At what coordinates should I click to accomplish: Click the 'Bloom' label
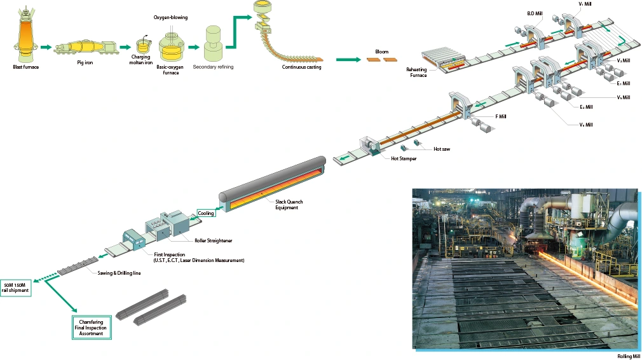point(381,52)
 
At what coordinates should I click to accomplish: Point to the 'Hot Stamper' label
point(404,158)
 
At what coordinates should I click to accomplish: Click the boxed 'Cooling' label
point(206,213)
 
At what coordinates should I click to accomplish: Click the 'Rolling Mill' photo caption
point(627,356)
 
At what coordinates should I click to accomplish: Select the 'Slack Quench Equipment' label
point(289,204)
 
